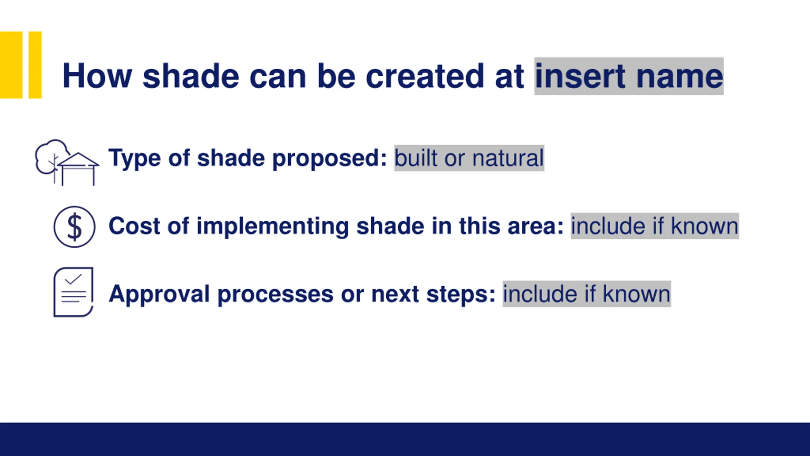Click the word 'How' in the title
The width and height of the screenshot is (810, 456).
(97, 76)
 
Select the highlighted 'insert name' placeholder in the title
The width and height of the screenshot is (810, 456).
(629, 76)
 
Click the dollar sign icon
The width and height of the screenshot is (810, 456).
(74, 227)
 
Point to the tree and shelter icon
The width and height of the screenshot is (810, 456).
(67, 162)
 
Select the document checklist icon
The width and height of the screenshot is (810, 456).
(73, 292)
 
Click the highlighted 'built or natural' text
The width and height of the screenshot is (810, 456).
(469, 158)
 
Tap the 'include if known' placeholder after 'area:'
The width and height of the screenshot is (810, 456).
(655, 226)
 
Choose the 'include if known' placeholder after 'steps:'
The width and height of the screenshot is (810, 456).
(587, 294)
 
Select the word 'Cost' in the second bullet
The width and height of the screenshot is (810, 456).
(134, 226)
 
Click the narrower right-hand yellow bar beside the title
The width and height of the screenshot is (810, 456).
(35, 65)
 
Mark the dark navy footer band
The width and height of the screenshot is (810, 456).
(405, 439)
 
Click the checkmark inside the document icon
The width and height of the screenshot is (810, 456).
(73, 279)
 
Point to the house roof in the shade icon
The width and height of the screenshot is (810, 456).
(78, 160)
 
